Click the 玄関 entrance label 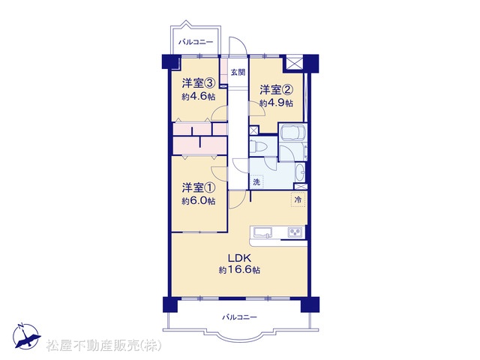click(x=238, y=73)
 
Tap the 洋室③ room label click(x=199, y=83)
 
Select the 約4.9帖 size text click(x=276, y=103)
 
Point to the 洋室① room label click(x=199, y=187)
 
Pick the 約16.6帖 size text click(x=239, y=270)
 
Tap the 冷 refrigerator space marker click(x=298, y=200)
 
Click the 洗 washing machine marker click(x=256, y=182)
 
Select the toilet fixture click(x=255, y=145)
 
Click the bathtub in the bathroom click(x=292, y=133)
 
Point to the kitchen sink click(x=262, y=232)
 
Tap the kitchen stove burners click(x=295, y=232)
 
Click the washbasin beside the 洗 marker click(x=300, y=172)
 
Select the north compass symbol click(x=26, y=336)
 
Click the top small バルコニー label click(x=196, y=42)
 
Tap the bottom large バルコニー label click(x=240, y=317)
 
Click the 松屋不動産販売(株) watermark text click(x=103, y=346)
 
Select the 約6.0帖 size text click(x=199, y=201)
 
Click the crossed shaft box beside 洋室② click(x=294, y=63)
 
